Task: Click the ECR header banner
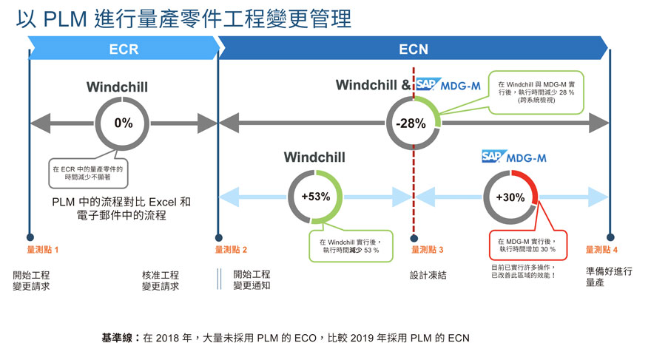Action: (123, 50)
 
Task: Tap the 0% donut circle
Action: (123, 123)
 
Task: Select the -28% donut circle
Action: (413, 123)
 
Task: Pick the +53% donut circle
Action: (315, 197)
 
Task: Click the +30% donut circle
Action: (510, 197)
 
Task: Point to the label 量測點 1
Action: (43, 250)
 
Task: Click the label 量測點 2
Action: (231, 250)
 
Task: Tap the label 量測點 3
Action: (428, 250)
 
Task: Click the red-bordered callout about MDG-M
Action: (527, 245)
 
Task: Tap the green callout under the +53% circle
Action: (349, 245)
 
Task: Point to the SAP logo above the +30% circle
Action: (494, 156)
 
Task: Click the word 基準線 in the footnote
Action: (116, 338)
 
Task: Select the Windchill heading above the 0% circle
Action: (117, 87)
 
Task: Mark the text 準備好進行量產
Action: (609, 277)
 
